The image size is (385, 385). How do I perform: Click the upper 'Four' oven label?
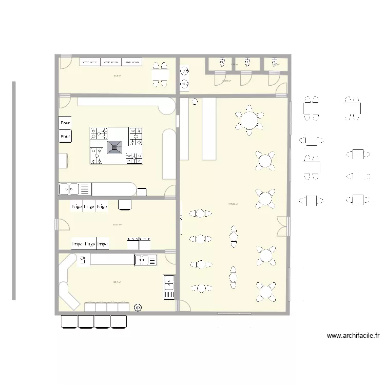(65, 123)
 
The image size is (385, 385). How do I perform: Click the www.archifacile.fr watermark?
(353, 336)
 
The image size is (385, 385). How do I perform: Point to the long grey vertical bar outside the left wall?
(14, 190)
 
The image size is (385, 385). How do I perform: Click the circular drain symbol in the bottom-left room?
(138, 307)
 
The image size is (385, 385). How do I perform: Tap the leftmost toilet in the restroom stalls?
(222, 63)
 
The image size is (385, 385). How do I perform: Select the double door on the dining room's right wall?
(282, 225)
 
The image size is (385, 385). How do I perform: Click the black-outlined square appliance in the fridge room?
(124, 205)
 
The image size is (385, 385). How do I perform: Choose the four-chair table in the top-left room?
(160, 75)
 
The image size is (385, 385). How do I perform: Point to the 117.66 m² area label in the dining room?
(233, 204)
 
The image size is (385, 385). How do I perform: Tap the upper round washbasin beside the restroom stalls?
(184, 71)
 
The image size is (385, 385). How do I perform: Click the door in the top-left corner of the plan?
(64, 62)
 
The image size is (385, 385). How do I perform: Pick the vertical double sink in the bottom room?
(169, 287)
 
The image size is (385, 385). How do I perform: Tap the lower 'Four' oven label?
(65, 137)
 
